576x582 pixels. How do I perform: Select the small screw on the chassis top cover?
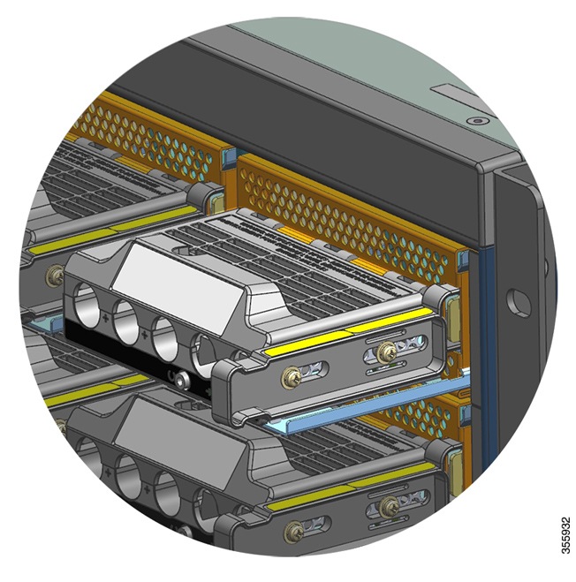coord(477,119)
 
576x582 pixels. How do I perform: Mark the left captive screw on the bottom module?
coord(293,531)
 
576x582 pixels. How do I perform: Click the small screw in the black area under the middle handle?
coord(182,382)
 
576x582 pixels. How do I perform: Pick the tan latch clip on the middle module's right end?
coord(448,309)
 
